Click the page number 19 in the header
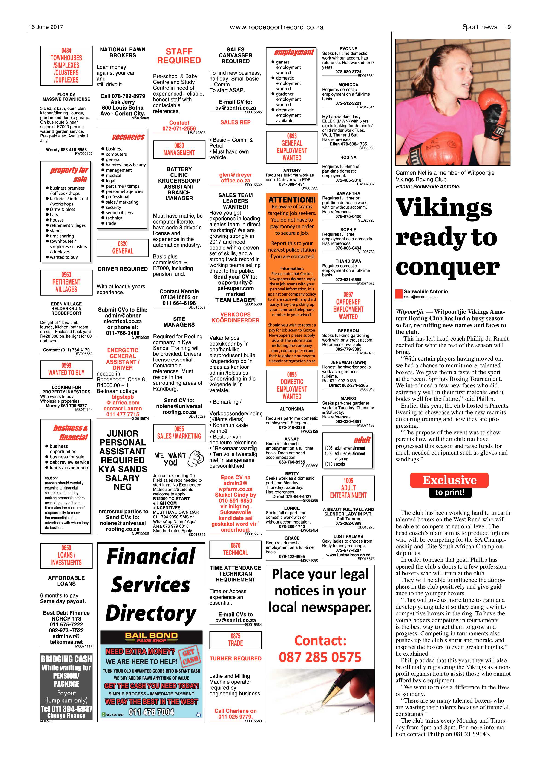click(507, 27)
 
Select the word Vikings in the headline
click(444, 208)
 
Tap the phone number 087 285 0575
click(320, 657)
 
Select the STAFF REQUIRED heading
click(179, 56)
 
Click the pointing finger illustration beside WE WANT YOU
click(196, 459)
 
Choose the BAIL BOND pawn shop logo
click(151, 637)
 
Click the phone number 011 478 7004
click(151, 712)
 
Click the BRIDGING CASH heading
click(66, 659)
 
